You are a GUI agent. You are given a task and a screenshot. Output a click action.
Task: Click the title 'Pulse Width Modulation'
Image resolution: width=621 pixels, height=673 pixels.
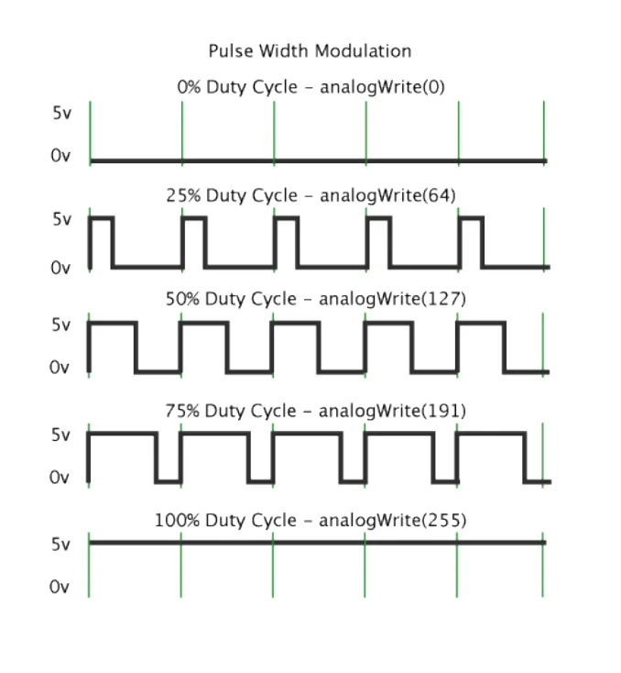coord(310,51)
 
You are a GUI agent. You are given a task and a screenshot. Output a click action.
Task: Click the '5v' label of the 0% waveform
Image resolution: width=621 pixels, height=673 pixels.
coord(60,114)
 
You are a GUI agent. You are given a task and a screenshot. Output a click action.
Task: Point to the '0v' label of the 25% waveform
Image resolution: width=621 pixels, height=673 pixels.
coord(60,268)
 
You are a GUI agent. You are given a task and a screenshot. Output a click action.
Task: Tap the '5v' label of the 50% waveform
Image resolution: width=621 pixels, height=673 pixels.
coord(60,325)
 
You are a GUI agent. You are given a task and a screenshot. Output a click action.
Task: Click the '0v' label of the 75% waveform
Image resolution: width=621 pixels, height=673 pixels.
coord(60,477)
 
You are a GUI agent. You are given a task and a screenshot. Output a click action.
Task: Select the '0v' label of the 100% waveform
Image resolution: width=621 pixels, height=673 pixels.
coord(60,587)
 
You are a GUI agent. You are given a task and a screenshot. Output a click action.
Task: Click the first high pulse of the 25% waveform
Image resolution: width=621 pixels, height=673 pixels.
coord(101,219)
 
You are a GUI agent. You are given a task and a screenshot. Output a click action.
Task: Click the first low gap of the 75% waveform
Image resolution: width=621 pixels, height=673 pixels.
coord(168,480)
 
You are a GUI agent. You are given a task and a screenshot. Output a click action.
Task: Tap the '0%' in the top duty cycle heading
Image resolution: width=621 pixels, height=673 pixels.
coord(189,88)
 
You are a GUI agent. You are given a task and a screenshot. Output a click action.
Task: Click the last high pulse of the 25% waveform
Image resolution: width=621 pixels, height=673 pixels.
coord(470,219)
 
